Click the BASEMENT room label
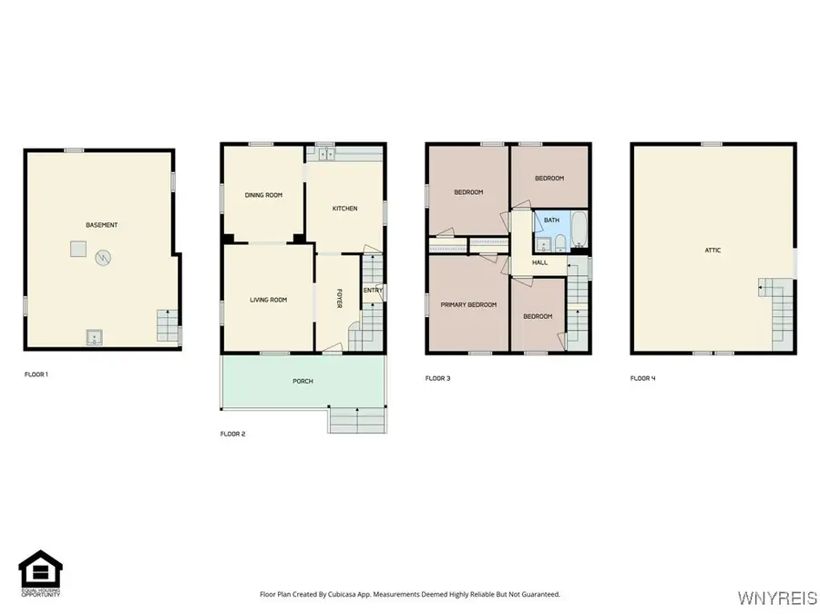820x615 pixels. coord(101,225)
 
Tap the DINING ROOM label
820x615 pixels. coord(262,195)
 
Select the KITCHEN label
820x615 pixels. coord(344,209)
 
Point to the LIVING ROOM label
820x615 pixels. coord(269,300)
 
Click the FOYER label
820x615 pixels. coord(339,299)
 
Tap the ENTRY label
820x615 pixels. coord(372,291)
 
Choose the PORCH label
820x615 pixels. coord(302,381)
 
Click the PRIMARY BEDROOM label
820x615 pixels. coord(468,304)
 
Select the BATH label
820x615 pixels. coord(551,220)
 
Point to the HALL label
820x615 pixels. coord(539,262)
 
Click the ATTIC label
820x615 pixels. coord(712,250)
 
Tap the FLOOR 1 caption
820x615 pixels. coord(36,374)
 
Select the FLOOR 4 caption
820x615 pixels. coord(642,378)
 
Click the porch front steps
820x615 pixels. coord(358,421)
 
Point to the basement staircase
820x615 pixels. coord(168,326)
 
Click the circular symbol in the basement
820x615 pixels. coord(104,258)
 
